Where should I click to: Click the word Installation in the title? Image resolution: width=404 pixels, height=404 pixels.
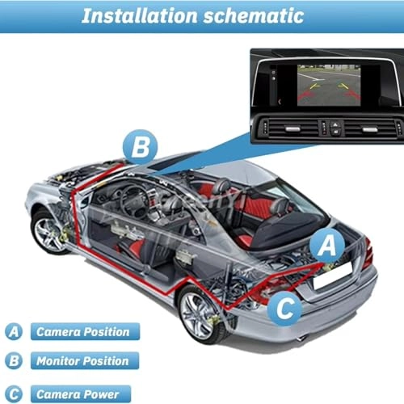click(x=140, y=16)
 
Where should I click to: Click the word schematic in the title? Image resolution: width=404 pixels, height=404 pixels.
click(x=254, y=16)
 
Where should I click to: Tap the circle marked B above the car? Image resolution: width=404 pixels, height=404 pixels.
click(x=140, y=147)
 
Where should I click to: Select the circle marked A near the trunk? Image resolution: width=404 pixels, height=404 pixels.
click(x=327, y=245)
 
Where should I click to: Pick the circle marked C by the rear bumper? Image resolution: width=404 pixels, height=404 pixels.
click(x=285, y=308)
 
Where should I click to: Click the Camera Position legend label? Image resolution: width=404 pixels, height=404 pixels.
click(x=85, y=331)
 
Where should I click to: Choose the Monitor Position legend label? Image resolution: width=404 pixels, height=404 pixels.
click(x=85, y=361)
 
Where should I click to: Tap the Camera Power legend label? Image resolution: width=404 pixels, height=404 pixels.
click(x=81, y=394)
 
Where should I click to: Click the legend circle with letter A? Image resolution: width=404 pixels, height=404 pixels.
click(x=14, y=331)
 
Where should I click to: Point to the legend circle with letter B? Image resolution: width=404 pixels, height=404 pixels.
click(x=14, y=361)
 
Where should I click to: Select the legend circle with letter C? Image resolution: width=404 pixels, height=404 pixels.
click(x=14, y=394)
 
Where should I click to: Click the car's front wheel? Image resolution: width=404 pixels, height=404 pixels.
click(x=48, y=232)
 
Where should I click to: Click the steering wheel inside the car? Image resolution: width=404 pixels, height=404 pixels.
click(x=134, y=201)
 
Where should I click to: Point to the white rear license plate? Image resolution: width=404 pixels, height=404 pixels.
click(x=333, y=276)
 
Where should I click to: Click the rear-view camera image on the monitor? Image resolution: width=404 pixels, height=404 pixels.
click(x=329, y=85)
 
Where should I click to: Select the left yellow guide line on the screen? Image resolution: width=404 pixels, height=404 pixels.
click(x=314, y=86)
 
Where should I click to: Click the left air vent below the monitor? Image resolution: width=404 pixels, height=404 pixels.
click(x=292, y=128)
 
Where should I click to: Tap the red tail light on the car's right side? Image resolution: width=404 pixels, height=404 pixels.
click(x=368, y=253)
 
